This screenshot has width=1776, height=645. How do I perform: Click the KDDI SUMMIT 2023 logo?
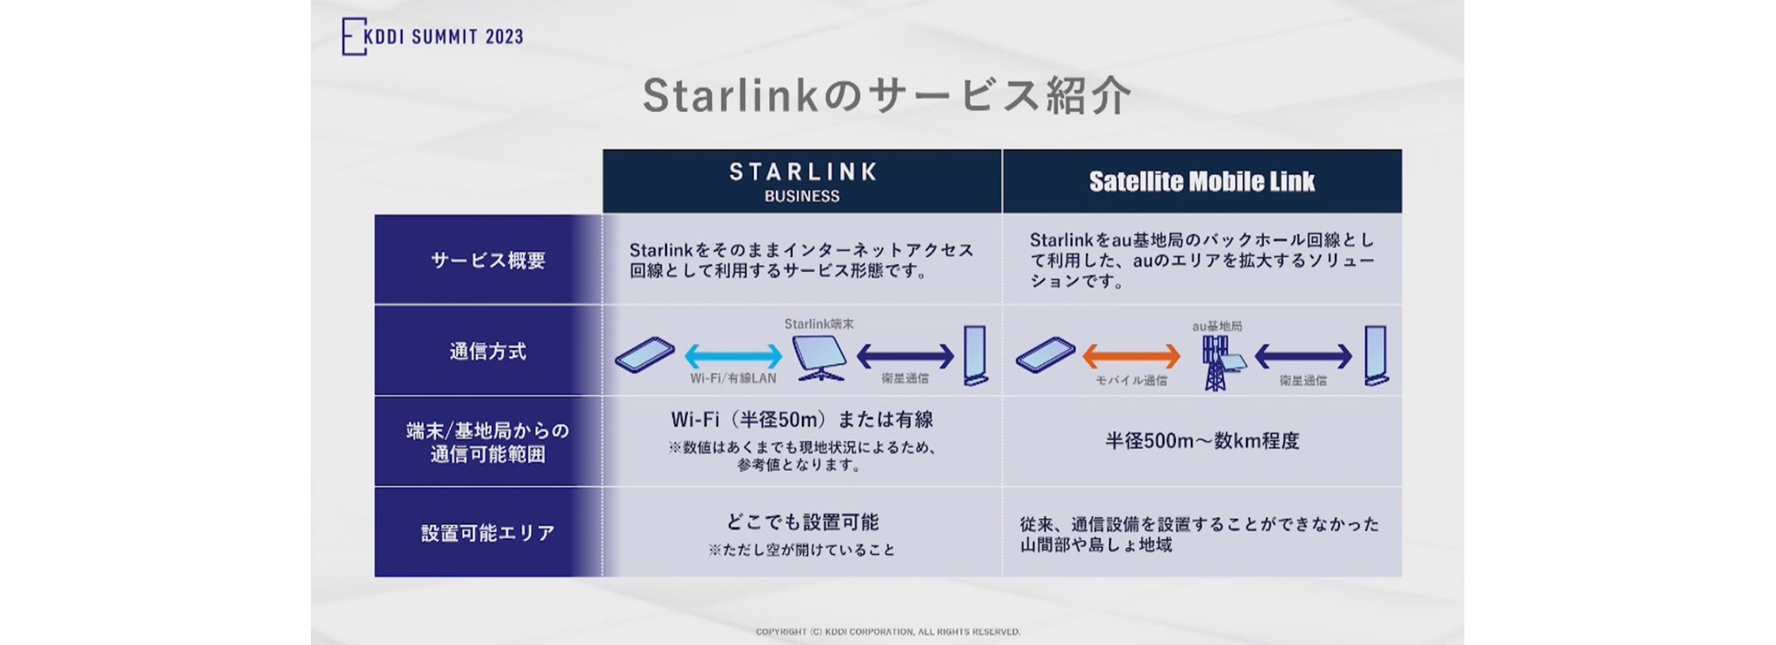click(x=433, y=36)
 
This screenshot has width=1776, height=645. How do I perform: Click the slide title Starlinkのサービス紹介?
click(x=886, y=96)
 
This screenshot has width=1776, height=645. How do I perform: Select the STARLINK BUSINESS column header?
click(x=802, y=181)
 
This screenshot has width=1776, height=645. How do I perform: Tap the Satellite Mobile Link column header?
click(x=1201, y=181)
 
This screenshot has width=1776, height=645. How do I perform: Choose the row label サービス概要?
click(x=488, y=260)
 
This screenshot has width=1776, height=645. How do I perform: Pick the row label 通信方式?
click(x=488, y=351)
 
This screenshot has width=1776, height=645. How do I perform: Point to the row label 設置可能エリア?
click(x=488, y=532)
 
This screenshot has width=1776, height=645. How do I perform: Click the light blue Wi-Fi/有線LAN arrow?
click(x=733, y=356)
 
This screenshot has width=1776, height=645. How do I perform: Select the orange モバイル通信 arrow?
click(x=1131, y=356)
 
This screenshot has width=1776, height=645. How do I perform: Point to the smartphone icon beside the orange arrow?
click(x=1045, y=355)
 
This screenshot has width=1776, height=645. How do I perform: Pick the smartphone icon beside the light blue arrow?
click(x=645, y=354)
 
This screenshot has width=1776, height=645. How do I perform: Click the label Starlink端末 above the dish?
click(x=819, y=324)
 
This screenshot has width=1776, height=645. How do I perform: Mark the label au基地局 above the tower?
click(x=1217, y=326)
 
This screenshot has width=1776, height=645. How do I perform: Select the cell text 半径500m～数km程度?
click(x=1201, y=441)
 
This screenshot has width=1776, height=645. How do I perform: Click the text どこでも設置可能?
click(x=802, y=522)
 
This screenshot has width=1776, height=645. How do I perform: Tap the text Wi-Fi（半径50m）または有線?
click(x=802, y=419)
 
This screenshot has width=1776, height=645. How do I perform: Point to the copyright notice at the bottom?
click(x=887, y=632)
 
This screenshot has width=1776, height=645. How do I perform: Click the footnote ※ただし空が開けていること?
click(x=802, y=550)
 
